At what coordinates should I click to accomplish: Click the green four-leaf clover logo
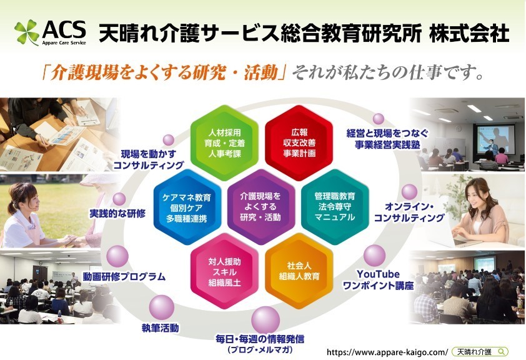pyautogui.click(x=26, y=32)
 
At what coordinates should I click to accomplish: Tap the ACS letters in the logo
pyautogui.click(x=64, y=29)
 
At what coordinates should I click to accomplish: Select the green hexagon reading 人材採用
pyautogui.click(x=224, y=143)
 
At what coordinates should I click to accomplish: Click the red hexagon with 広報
pyautogui.click(x=299, y=143)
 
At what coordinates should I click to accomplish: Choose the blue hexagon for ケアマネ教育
pyautogui.click(x=187, y=207)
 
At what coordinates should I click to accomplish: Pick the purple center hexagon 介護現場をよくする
pyautogui.click(x=261, y=207)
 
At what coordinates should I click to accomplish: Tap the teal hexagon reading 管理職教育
pyautogui.click(x=335, y=207)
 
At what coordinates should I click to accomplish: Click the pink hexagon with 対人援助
pyautogui.click(x=224, y=271)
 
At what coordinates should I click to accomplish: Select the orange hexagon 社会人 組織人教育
pyautogui.click(x=299, y=271)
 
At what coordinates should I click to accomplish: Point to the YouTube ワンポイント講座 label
pyautogui.click(x=378, y=280)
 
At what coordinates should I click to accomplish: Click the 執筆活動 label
pyautogui.click(x=161, y=327)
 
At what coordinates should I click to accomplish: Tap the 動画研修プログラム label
pyautogui.click(x=124, y=276)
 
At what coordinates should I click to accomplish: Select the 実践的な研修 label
pyautogui.click(x=117, y=213)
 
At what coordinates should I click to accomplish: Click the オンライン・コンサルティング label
pyautogui.click(x=409, y=212)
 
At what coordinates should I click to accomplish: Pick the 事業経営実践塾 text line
pyautogui.click(x=387, y=145)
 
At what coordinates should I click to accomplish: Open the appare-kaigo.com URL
pyautogui.click(x=387, y=352)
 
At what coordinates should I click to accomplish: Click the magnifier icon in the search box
pyautogui.click(x=502, y=351)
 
